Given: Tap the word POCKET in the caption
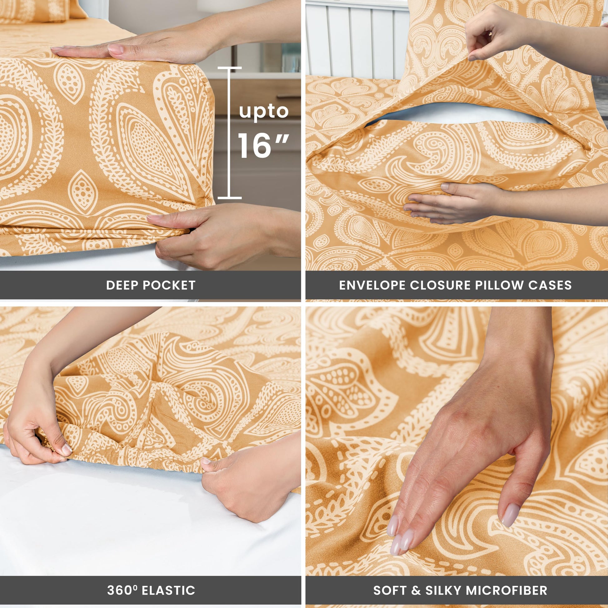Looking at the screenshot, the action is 169,285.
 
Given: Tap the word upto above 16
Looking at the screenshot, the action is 264,112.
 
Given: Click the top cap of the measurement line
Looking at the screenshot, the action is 229,68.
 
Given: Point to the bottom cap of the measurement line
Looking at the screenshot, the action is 229,198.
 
